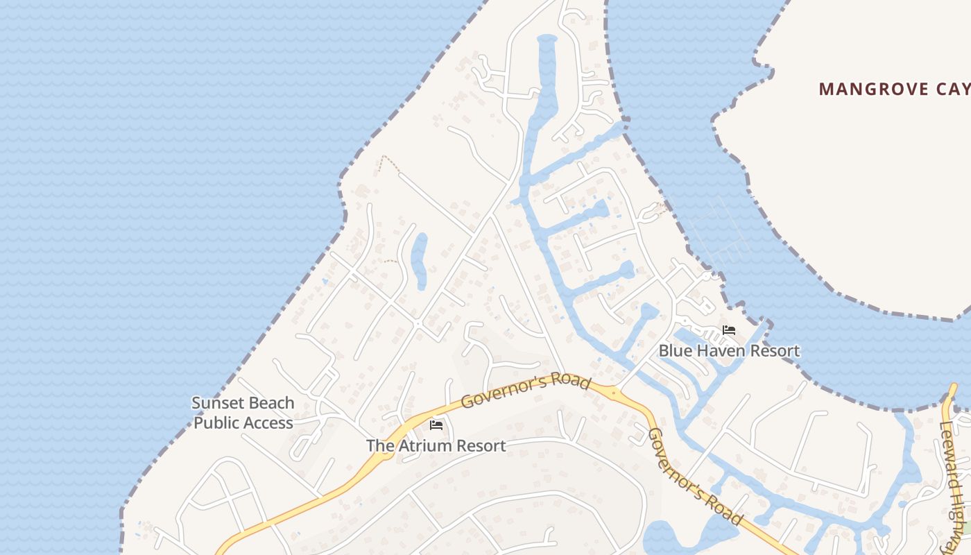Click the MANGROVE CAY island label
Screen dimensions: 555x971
[x=894, y=89]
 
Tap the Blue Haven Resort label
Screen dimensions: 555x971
[x=729, y=351]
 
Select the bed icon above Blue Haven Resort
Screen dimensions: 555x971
[x=729, y=330]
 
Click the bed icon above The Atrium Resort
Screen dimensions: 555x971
[x=436, y=425]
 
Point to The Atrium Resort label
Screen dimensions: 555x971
[x=436, y=445]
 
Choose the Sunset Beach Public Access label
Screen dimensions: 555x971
[x=243, y=413]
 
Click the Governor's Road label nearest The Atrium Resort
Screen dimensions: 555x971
[x=526, y=391]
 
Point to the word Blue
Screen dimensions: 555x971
[x=673, y=351]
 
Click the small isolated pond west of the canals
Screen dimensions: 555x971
[x=419, y=260]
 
